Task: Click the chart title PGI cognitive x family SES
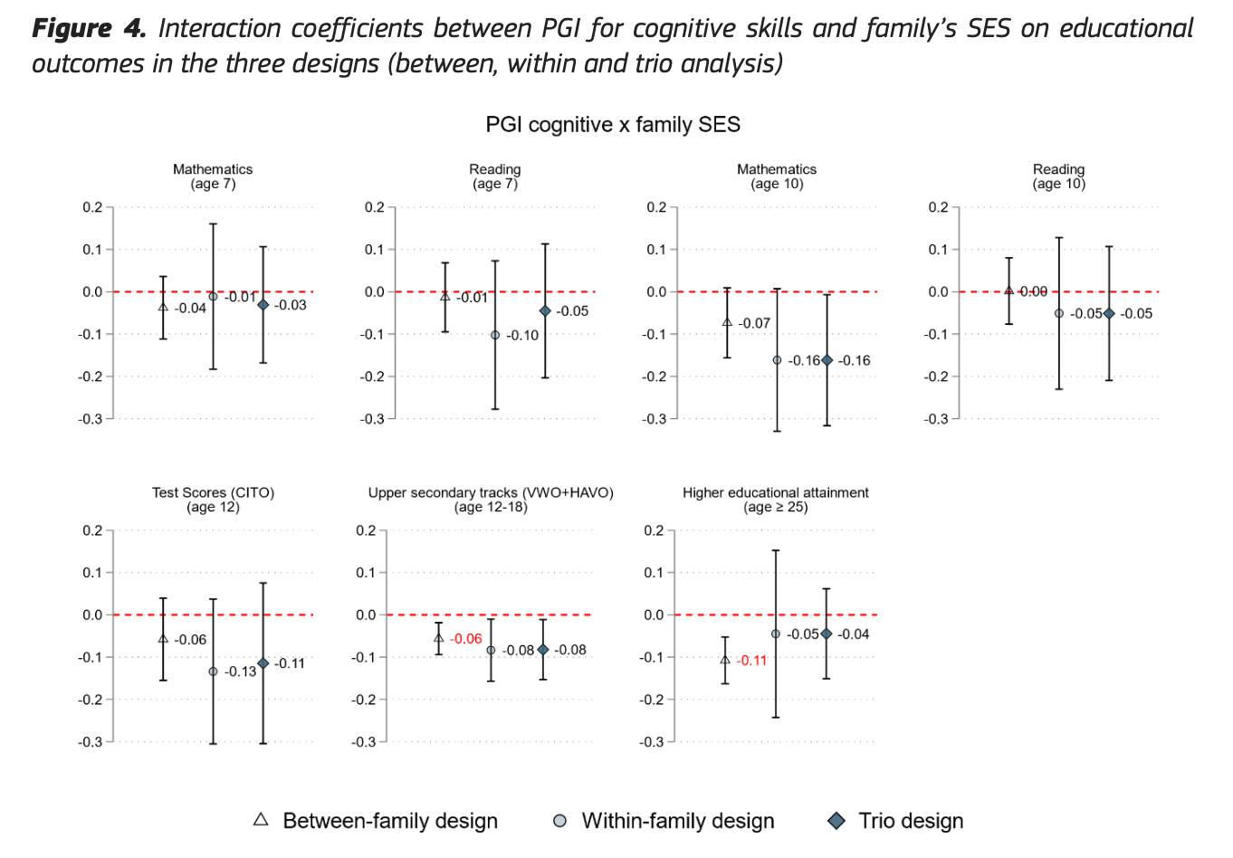coord(613,125)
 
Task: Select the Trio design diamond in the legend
coord(836,821)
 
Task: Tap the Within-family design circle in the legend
coord(560,821)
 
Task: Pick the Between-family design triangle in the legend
coord(261,820)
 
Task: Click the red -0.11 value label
coord(751,661)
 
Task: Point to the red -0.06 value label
coord(466,639)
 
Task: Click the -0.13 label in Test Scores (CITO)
coord(241,672)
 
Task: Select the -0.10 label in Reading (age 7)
coord(522,336)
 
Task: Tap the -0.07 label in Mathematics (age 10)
coord(754,323)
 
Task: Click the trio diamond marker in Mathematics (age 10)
coord(827,360)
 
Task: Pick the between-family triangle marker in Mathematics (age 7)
coord(163,307)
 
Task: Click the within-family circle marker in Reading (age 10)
coord(1058,313)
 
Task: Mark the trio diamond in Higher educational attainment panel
coord(826,634)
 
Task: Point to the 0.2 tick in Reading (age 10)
coord(938,207)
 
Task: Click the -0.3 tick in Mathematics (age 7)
coord(91,419)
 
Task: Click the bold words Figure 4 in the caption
coord(88,28)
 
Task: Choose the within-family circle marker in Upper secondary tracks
coord(491,650)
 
